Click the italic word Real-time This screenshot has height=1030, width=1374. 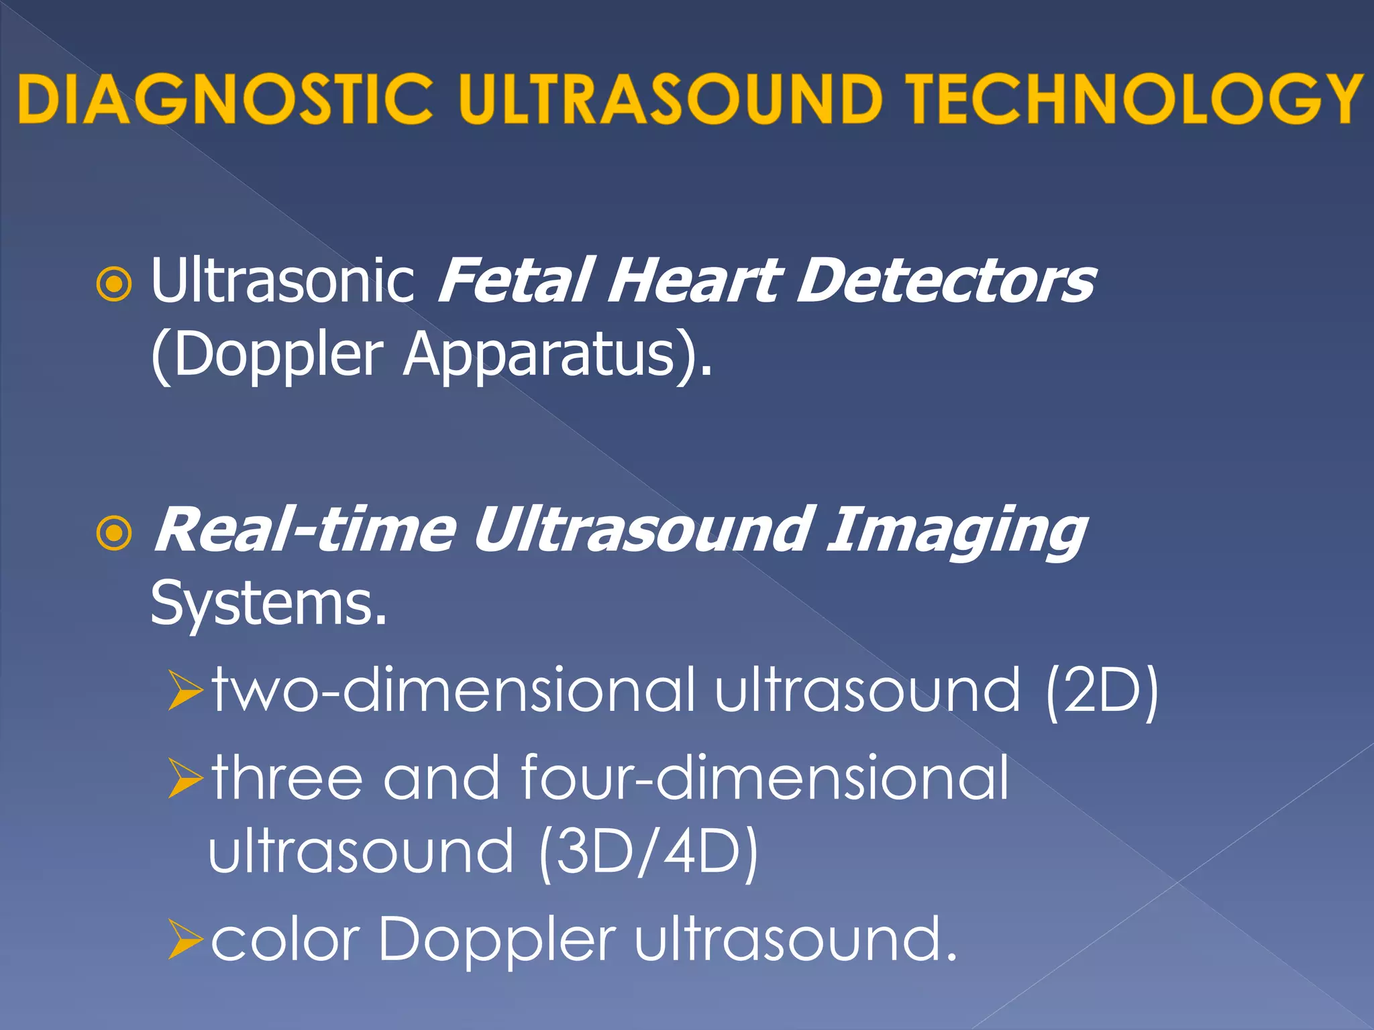pyautogui.click(x=305, y=530)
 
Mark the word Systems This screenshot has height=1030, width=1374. pyautogui.click(x=268, y=603)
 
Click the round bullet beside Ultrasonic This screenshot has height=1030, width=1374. pyautogui.click(x=114, y=285)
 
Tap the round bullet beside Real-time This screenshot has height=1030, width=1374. pyautogui.click(x=114, y=534)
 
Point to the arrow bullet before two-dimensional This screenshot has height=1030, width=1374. pyautogui.click(x=185, y=691)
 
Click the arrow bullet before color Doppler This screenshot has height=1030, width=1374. pyautogui.click(x=185, y=939)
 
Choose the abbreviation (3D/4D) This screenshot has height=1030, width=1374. pyautogui.click(x=648, y=852)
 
